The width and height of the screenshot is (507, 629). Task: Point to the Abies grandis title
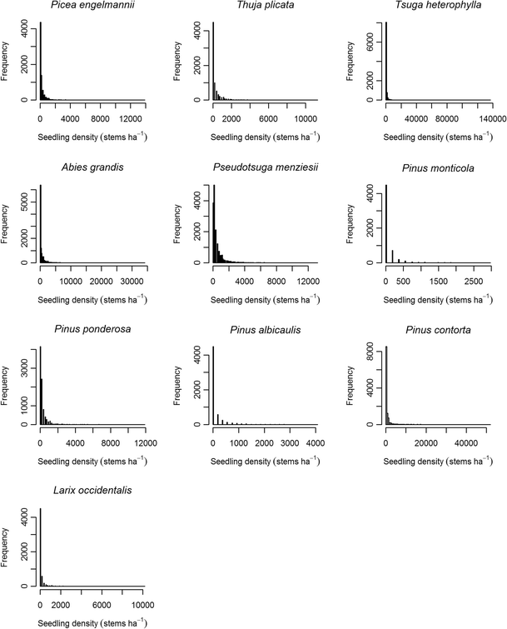pos(81,167)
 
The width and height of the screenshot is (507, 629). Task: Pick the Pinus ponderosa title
pos(81,329)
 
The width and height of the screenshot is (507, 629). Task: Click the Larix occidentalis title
pos(81,491)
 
